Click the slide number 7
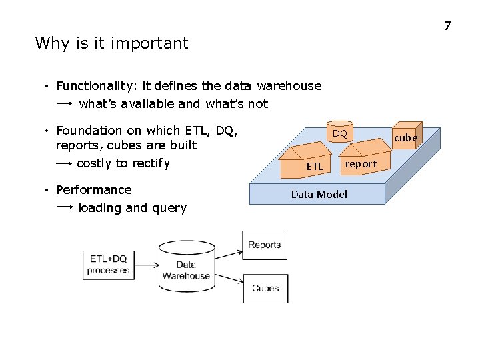[x=447, y=26]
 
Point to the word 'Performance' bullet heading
[x=94, y=190]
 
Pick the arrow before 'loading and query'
[x=65, y=208]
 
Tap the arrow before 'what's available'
[x=65, y=104]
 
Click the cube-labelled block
[x=407, y=136]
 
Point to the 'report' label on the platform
[x=361, y=163]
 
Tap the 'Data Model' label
[x=319, y=195]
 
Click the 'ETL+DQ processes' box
[x=108, y=264]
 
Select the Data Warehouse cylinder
[x=186, y=266]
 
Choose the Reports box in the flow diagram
[x=265, y=245]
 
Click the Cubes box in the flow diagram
[x=265, y=289]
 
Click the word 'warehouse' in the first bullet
[x=289, y=86]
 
